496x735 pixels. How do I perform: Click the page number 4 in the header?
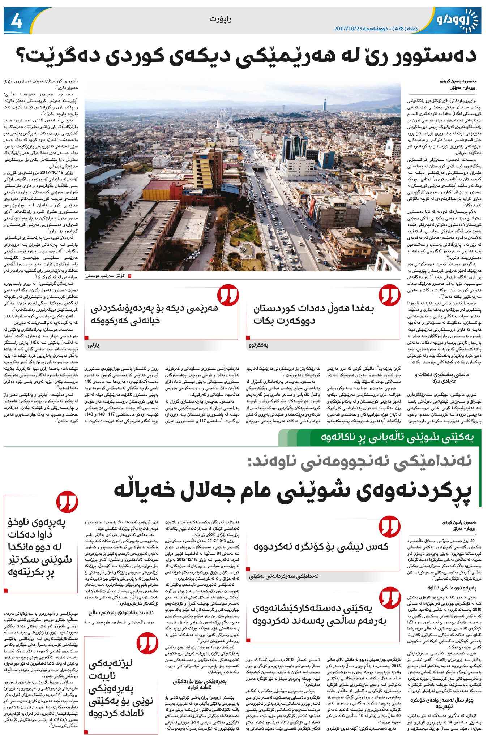pos(17,22)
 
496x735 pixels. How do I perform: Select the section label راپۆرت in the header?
pos(220,19)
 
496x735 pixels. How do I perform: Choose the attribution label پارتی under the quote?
pos(93,345)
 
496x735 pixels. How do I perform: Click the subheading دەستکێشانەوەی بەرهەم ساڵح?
pos(121,612)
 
